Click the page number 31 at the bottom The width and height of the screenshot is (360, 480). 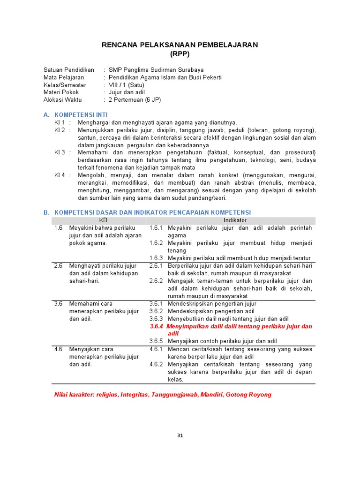(x=180, y=435)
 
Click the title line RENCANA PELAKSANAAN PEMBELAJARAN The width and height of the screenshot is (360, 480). (x=180, y=45)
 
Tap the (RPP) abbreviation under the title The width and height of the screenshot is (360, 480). (x=180, y=53)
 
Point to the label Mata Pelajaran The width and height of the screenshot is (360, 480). (x=64, y=77)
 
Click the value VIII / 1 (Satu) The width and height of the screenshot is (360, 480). (x=127, y=85)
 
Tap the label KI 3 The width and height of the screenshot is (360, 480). (x=60, y=152)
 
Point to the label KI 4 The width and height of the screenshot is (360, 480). (x=60, y=175)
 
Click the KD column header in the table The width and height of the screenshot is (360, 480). (x=103, y=220)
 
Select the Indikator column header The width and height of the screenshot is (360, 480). (x=235, y=220)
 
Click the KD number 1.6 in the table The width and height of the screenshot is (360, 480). (x=58, y=228)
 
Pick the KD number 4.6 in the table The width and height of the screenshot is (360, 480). (x=58, y=349)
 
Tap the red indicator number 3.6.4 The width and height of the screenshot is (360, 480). (x=156, y=326)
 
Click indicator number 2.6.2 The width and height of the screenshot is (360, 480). (x=156, y=281)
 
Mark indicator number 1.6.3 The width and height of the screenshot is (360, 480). (x=156, y=258)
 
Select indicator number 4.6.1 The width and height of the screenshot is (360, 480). (x=156, y=349)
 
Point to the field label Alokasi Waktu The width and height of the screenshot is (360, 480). (x=62, y=100)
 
